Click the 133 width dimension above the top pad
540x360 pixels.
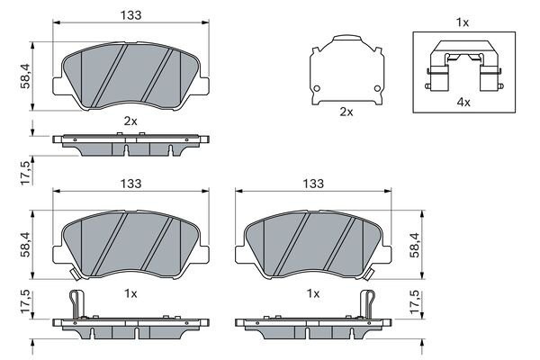[x=130, y=15]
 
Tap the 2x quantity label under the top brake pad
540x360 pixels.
[x=130, y=121]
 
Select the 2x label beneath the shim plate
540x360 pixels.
[x=346, y=112]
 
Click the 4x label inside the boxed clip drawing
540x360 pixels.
[x=463, y=103]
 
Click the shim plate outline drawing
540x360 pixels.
[x=346, y=68]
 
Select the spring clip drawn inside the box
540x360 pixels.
[x=463, y=67]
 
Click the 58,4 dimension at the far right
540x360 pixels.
[x=416, y=245]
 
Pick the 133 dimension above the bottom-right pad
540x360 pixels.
[x=312, y=184]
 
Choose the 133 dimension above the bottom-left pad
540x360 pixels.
[x=130, y=184]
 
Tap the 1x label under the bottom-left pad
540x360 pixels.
[x=130, y=293]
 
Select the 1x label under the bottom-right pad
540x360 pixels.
[x=312, y=293]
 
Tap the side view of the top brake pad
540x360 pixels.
[x=130, y=144]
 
